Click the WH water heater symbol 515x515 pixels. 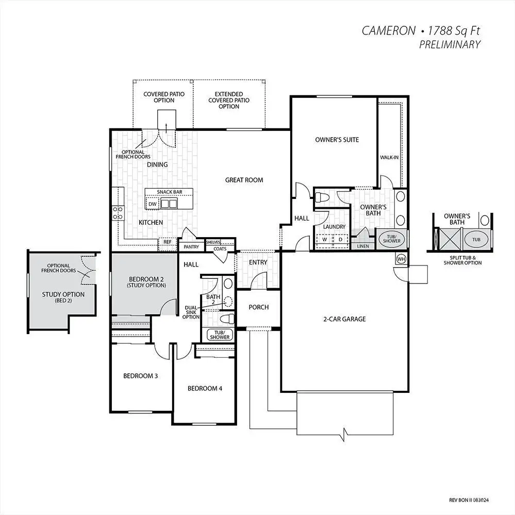pos(401,258)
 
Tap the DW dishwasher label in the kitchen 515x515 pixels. pos(153,204)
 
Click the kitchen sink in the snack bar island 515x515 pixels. pos(169,204)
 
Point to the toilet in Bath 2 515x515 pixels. pos(227,319)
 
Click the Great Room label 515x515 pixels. pos(244,180)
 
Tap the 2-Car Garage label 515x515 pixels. pos(344,319)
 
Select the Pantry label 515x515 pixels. pos(191,247)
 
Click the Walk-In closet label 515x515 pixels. pos(389,157)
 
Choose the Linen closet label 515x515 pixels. pos(363,246)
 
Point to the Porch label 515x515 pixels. pos(258,307)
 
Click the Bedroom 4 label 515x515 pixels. pos(205,389)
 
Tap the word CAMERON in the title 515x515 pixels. pos(389,30)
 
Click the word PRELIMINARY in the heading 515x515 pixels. pos(450,44)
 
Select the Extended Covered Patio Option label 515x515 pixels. pos(229,100)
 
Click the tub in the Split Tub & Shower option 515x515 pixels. pos(476,239)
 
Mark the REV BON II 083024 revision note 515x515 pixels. pos(469,500)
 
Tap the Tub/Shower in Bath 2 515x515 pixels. pos(220,335)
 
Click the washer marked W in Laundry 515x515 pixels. pos(324,239)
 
